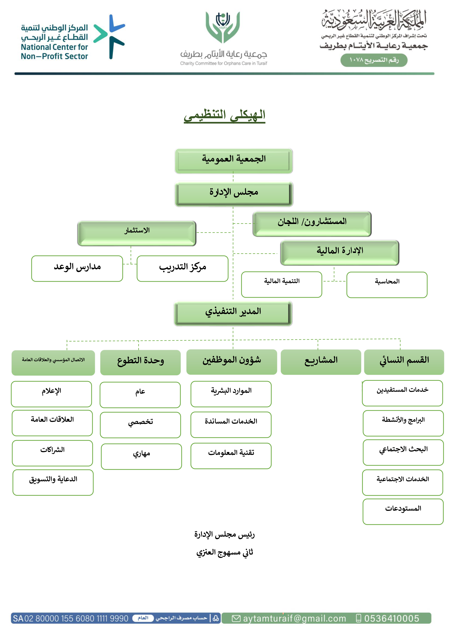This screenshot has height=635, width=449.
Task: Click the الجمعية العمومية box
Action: [x=234, y=161]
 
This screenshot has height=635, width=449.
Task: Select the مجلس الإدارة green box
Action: [x=234, y=194]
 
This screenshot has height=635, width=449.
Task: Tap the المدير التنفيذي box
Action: [x=233, y=313]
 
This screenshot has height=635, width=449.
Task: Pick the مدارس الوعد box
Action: [x=77, y=269]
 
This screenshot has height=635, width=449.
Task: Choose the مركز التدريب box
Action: [x=182, y=269]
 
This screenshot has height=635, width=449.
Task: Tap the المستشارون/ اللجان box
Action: [x=312, y=224]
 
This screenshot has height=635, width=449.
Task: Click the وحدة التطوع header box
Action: [x=140, y=362]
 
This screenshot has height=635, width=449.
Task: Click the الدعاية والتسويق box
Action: [x=53, y=482]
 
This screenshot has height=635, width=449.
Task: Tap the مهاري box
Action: [x=141, y=457]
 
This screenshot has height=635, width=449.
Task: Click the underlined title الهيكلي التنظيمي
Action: [x=224, y=115]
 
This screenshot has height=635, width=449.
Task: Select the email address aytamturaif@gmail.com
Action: [x=294, y=618]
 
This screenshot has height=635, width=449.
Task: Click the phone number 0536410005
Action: [x=391, y=618]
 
